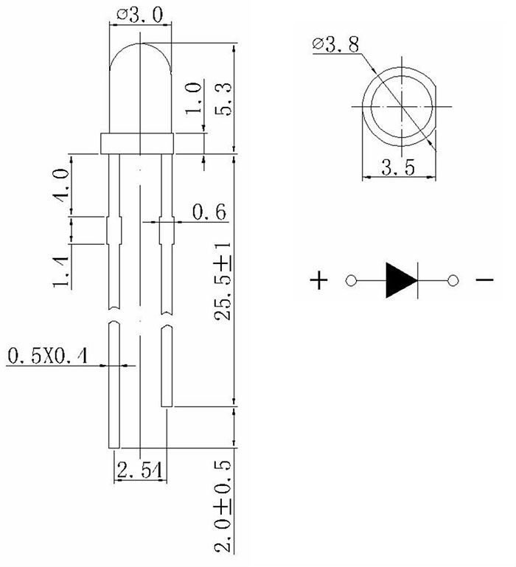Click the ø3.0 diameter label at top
[140, 15]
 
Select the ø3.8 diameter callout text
[336, 44]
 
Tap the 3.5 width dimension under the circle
[398, 168]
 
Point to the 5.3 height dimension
[223, 100]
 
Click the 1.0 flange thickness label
[193, 98]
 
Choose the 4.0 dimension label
[61, 185]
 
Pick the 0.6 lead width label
[209, 212]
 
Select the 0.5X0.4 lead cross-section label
[48, 356]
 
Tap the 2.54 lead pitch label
[140, 470]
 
